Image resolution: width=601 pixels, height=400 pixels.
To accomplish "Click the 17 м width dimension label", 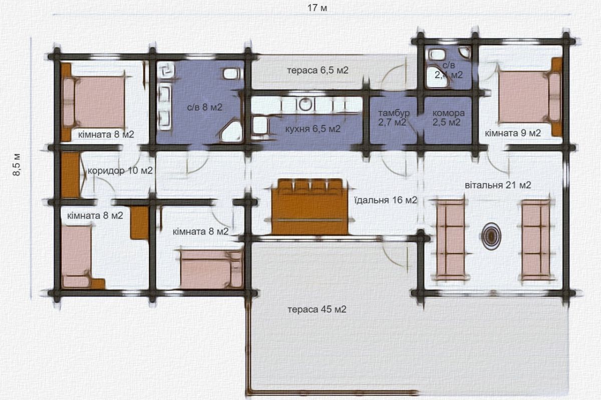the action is point(317,8).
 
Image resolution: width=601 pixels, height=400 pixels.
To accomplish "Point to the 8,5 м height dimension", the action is point(17,164).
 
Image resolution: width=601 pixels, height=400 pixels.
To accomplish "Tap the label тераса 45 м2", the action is point(317,309).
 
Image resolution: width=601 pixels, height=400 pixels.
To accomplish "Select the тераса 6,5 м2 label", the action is point(318,70).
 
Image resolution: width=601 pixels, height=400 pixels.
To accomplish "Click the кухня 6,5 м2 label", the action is point(313,129).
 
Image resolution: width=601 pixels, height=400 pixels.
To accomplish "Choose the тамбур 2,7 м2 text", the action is point(394,117).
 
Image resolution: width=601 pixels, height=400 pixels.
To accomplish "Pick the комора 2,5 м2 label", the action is point(448,117).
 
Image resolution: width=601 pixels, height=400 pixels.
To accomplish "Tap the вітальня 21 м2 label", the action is point(498,185).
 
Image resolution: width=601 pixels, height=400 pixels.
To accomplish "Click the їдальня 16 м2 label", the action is point(386,200).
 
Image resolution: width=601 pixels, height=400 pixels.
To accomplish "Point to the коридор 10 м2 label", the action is point(120,170).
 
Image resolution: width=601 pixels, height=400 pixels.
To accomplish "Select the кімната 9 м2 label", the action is point(513,133).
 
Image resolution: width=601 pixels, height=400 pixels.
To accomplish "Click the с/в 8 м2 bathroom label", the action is point(204,107).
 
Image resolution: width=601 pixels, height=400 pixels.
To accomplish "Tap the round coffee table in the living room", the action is point(491,236).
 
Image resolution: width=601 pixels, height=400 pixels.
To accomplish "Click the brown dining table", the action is point(310,207).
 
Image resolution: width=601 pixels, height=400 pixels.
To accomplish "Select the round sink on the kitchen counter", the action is point(305,104).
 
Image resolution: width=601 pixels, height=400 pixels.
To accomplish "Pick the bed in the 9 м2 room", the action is point(529,98).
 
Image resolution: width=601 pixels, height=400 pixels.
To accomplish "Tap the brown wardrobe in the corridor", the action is point(70,175).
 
